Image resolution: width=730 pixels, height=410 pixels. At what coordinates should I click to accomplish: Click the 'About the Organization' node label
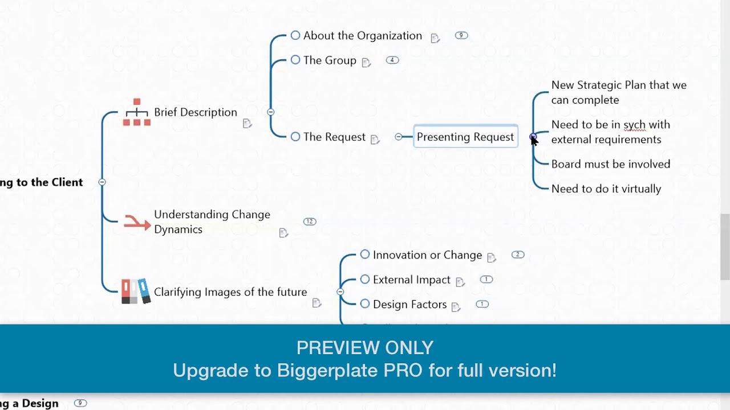pos(362,36)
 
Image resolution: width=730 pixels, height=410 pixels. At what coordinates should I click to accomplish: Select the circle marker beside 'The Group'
pos(295,60)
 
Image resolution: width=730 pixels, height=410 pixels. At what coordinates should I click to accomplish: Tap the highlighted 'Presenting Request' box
pos(465,137)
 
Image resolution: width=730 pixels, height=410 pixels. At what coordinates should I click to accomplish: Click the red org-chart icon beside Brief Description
pos(137,112)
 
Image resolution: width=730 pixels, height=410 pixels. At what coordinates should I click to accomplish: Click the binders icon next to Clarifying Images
pos(136,291)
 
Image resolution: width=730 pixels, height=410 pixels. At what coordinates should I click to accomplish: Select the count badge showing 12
pos(310,222)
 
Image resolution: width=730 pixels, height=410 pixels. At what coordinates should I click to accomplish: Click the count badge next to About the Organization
pos(461,35)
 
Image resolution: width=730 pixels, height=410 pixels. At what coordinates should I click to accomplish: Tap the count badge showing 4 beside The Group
pos(392,60)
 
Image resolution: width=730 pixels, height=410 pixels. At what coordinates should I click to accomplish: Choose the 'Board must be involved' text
pos(610,164)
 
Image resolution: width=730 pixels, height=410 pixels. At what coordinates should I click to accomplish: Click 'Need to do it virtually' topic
pos(606,188)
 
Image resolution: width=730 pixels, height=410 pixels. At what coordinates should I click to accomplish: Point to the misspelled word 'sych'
pos(634,125)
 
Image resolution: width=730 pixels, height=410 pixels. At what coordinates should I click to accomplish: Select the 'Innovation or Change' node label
pos(427,255)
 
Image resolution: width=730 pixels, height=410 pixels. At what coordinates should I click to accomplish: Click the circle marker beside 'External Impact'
pos(365,280)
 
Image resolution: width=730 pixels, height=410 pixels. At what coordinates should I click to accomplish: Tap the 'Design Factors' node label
pos(409,305)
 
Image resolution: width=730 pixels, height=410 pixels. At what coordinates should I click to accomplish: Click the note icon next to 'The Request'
pos(375,140)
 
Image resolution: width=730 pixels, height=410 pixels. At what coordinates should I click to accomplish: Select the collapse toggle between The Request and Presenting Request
pos(399,137)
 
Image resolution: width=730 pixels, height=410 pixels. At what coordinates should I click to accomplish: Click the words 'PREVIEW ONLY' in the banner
pos(365,347)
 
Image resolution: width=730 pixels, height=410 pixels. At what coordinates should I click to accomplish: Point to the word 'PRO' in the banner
pos(403,371)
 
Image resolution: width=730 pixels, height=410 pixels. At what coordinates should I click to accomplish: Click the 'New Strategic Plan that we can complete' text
pos(618,92)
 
